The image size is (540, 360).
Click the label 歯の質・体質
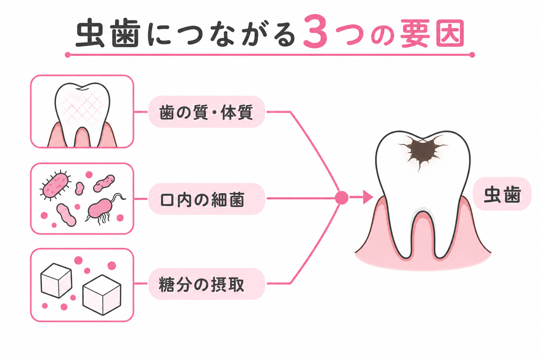206,112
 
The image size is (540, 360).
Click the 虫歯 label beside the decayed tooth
502,194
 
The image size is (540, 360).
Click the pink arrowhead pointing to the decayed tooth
368,197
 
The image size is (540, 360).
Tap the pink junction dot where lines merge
342,198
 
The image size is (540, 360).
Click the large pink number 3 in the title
315,31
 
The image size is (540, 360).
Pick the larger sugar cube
102,295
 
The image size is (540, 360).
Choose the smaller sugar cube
56,281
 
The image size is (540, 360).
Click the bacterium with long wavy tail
104,209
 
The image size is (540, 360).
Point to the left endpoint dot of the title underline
67,55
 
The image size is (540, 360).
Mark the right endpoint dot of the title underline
472,55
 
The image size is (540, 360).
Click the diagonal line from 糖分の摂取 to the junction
315,244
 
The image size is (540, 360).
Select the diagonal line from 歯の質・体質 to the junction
315,152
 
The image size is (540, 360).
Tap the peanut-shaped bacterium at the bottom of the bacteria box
66,215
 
